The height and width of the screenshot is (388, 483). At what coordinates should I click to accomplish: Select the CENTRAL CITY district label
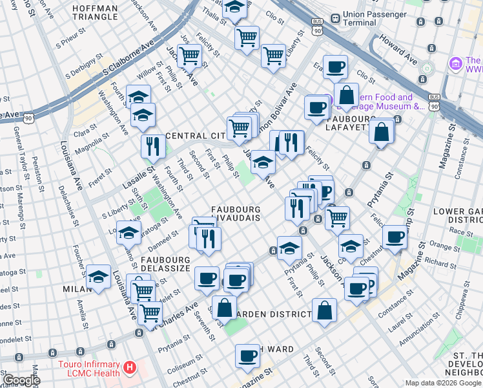(194, 136)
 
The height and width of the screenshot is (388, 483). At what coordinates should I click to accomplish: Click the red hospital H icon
(130, 368)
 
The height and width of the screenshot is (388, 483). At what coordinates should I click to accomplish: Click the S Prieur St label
(71, 38)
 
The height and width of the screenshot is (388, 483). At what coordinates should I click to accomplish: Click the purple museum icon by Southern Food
(327, 101)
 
